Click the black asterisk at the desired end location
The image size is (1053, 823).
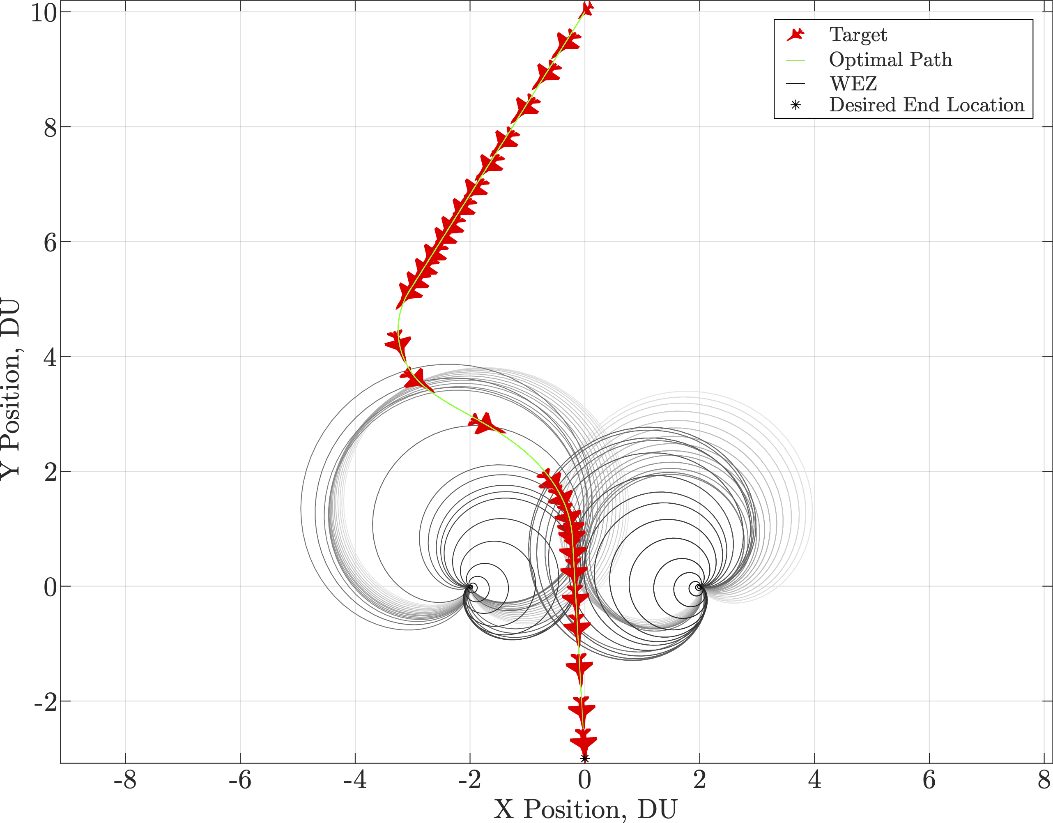584,759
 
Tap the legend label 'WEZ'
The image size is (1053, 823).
853,84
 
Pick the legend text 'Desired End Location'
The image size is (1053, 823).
926,105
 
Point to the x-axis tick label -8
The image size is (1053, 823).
125,780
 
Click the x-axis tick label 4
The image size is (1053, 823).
814,780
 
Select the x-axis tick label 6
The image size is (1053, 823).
929,780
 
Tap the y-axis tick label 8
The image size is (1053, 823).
50,127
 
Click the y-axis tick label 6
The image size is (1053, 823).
50,242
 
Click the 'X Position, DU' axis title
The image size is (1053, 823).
585,809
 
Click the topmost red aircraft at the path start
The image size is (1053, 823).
587,8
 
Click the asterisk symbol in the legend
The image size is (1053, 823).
795,105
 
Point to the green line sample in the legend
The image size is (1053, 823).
795,61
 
